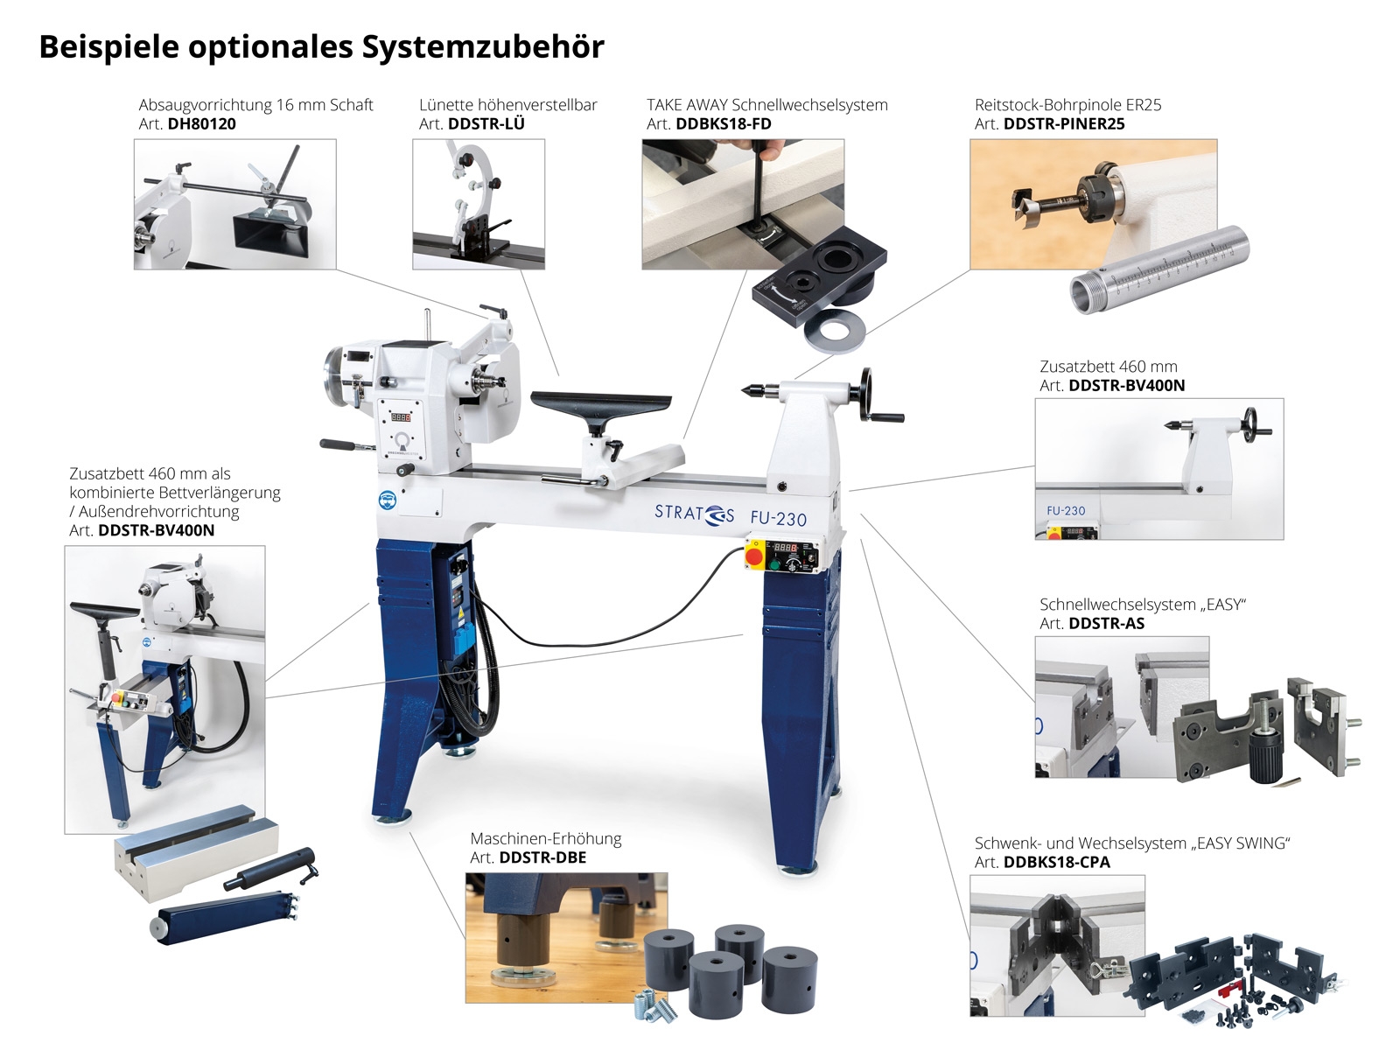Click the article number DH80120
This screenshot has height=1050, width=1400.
click(201, 123)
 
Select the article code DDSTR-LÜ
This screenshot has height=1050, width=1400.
click(486, 123)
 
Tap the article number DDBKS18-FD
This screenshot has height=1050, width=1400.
click(724, 123)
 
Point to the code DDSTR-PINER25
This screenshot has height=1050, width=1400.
click(1064, 123)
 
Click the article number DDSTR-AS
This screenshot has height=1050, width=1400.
click(1107, 624)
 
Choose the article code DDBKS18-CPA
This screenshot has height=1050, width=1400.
click(1057, 863)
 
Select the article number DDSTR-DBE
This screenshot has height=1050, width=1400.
click(542, 857)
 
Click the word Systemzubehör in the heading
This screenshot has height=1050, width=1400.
click(484, 47)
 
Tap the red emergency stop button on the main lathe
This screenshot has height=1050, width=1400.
click(754, 556)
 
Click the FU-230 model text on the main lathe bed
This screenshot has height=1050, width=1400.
click(778, 518)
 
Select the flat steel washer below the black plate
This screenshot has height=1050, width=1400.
click(835, 331)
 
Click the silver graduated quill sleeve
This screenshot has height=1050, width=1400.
click(1158, 269)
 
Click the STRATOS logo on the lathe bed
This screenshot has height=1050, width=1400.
click(694, 514)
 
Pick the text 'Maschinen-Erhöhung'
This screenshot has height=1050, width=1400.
click(546, 838)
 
